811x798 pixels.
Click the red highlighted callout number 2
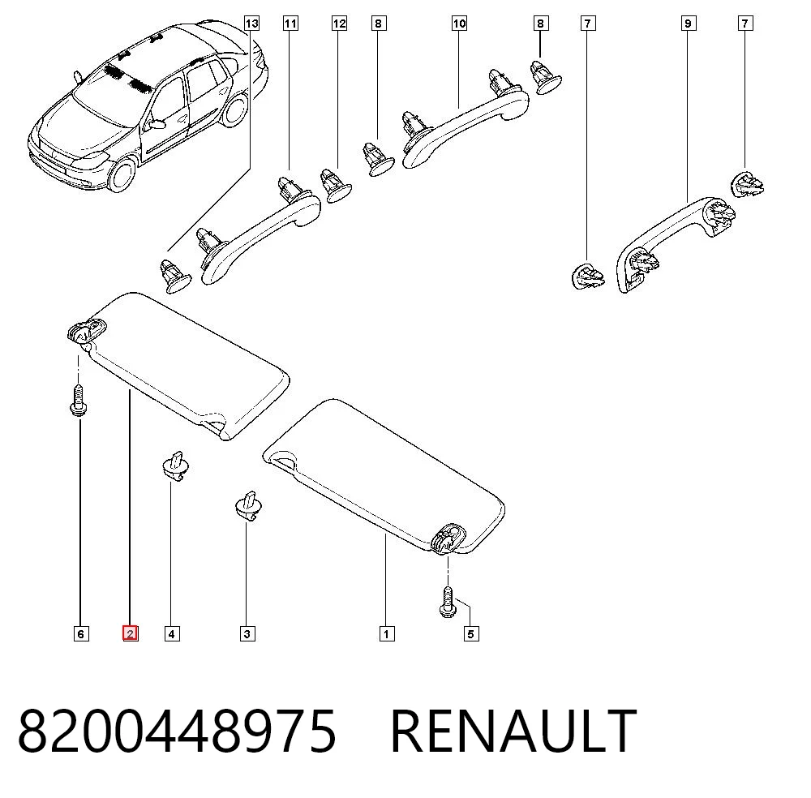(130, 633)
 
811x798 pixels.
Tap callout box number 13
(251, 24)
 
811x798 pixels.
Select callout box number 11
(290, 24)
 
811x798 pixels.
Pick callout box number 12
(339, 24)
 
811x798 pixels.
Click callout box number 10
(459, 24)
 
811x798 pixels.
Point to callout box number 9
(688, 24)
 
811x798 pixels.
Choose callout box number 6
(80, 633)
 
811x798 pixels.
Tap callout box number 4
(172, 633)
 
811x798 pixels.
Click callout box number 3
(247, 633)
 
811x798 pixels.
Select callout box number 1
(387, 633)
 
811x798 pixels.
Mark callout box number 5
(470, 633)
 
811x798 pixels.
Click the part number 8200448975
(177, 731)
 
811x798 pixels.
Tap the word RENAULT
(513, 731)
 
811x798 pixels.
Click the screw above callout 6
(78, 400)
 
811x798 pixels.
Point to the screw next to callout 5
(448, 602)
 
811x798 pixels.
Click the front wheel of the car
(123, 174)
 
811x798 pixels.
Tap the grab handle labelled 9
(676, 243)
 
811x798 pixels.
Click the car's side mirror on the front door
(155, 123)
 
